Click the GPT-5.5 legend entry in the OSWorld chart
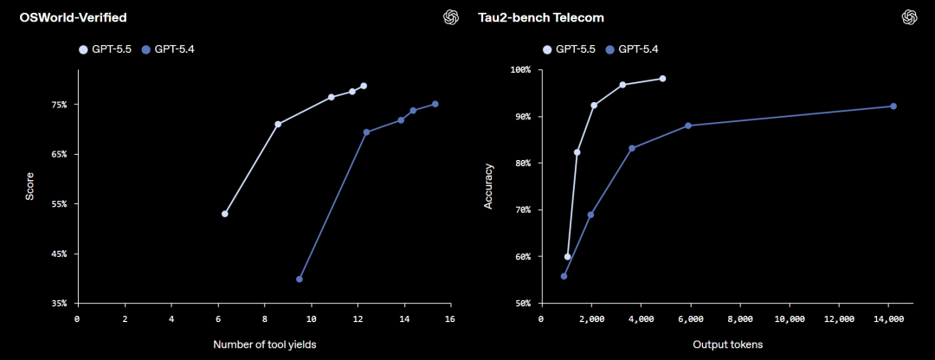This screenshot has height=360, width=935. [106, 49]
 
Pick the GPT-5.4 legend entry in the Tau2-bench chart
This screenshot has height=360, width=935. [638, 49]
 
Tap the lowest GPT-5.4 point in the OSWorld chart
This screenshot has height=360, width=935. [300, 279]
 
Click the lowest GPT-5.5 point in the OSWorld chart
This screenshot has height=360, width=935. [225, 214]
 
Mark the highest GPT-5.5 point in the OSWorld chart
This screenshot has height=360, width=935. [364, 86]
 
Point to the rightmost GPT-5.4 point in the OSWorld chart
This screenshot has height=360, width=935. [435, 104]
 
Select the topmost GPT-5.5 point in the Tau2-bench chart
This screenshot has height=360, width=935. [663, 79]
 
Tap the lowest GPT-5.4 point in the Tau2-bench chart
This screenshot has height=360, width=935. [564, 276]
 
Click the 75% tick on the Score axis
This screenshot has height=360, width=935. [58, 105]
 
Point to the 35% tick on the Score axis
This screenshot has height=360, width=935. [58, 304]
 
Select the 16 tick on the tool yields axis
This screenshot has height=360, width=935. [450, 319]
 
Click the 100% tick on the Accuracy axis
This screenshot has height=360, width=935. [519, 70]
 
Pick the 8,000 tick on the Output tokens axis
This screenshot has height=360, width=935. [740, 319]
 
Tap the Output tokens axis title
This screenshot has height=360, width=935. [727, 345]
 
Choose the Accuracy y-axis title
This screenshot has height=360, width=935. [488, 187]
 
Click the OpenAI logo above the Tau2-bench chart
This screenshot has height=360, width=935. [909, 17]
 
